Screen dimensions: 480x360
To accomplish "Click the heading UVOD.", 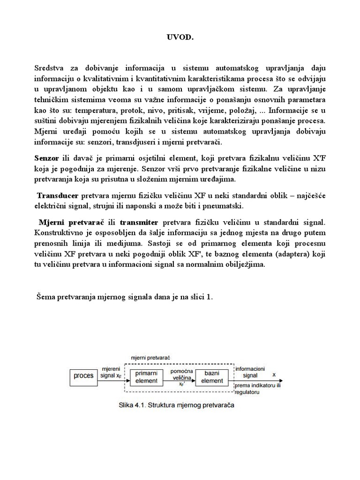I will pos(180,37).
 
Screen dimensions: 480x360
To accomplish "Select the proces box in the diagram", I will pos(82,375).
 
